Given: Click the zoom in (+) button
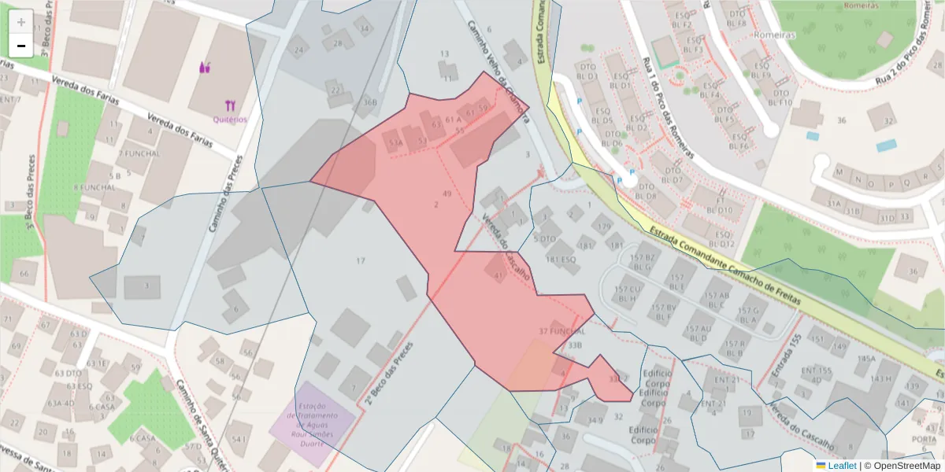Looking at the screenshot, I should tap(21, 22).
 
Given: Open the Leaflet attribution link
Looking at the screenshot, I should tap(841, 466).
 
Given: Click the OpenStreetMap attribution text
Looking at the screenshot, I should tap(906, 466).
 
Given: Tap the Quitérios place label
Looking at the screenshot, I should tap(230, 119).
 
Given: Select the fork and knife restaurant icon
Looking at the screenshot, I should tap(230, 105).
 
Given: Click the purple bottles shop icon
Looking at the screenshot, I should tap(206, 68).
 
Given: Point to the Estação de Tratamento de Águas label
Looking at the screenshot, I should tap(313, 415).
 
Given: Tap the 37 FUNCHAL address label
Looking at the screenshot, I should tap(562, 331).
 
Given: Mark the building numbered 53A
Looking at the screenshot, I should tap(393, 142).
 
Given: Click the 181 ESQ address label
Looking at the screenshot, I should tap(561, 259).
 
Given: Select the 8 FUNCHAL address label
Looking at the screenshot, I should tap(94, 187).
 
